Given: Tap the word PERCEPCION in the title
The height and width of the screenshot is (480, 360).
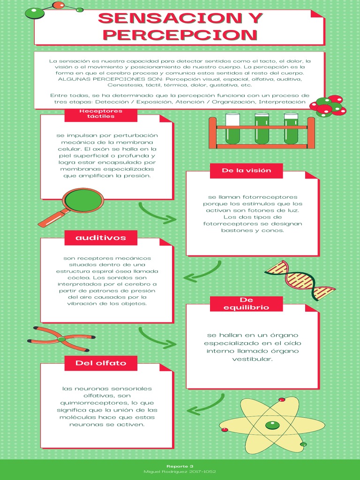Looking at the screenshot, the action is click(180, 35).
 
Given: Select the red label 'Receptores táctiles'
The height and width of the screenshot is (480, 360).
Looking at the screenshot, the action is click(101, 113).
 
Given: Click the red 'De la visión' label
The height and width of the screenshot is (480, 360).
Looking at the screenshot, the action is click(247, 171).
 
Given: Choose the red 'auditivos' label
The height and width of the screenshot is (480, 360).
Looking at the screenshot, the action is click(101, 238).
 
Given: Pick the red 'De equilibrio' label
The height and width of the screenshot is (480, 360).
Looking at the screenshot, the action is click(247, 304).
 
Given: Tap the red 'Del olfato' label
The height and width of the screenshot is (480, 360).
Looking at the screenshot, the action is click(101, 363).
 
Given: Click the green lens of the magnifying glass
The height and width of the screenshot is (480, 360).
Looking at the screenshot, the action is click(83, 201).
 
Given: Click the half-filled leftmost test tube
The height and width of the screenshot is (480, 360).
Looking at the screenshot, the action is click(232, 128).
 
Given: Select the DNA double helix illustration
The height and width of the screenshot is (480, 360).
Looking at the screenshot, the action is click(300, 280).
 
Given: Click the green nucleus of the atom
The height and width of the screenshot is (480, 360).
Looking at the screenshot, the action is click(272, 425).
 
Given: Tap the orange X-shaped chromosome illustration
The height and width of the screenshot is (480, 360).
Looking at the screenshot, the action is click(61, 339).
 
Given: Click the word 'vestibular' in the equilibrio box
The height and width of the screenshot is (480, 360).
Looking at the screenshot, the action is click(252, 359).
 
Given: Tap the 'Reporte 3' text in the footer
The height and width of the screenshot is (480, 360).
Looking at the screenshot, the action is click(180, 466).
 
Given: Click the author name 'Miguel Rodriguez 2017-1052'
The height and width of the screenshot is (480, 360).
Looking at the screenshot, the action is click(180, 472).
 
